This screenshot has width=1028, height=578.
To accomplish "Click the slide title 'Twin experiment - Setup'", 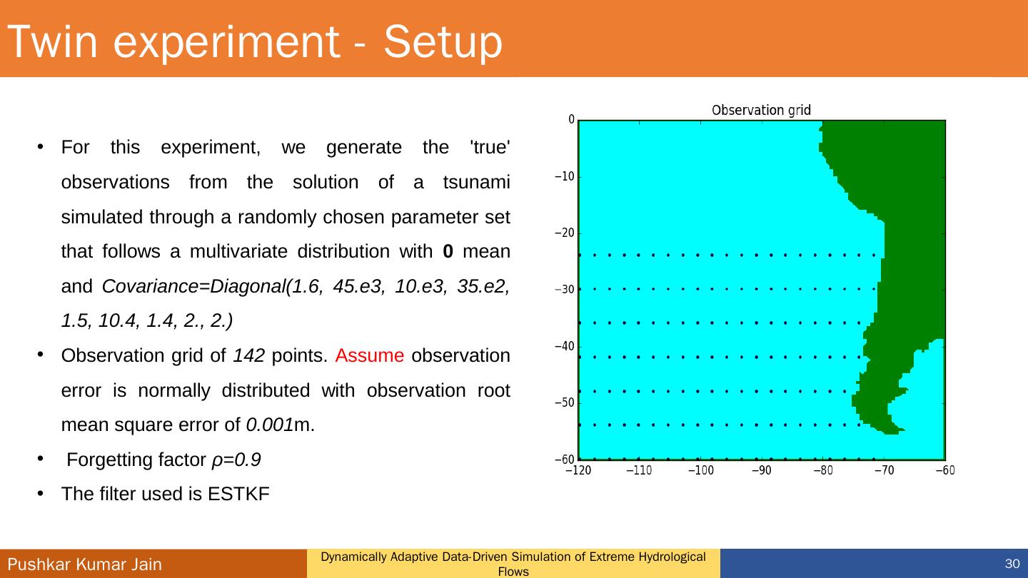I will [256, 41].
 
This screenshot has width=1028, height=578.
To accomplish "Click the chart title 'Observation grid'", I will [761, 110].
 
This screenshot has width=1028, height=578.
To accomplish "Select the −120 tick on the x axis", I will [578, 470].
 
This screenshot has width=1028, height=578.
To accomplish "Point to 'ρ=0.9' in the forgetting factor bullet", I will [236, 460].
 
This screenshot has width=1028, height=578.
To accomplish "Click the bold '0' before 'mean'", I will [448, 251].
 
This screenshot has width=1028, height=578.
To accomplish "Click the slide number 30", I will [1011, 564].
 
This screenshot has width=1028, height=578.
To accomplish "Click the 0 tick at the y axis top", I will [570, 120].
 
